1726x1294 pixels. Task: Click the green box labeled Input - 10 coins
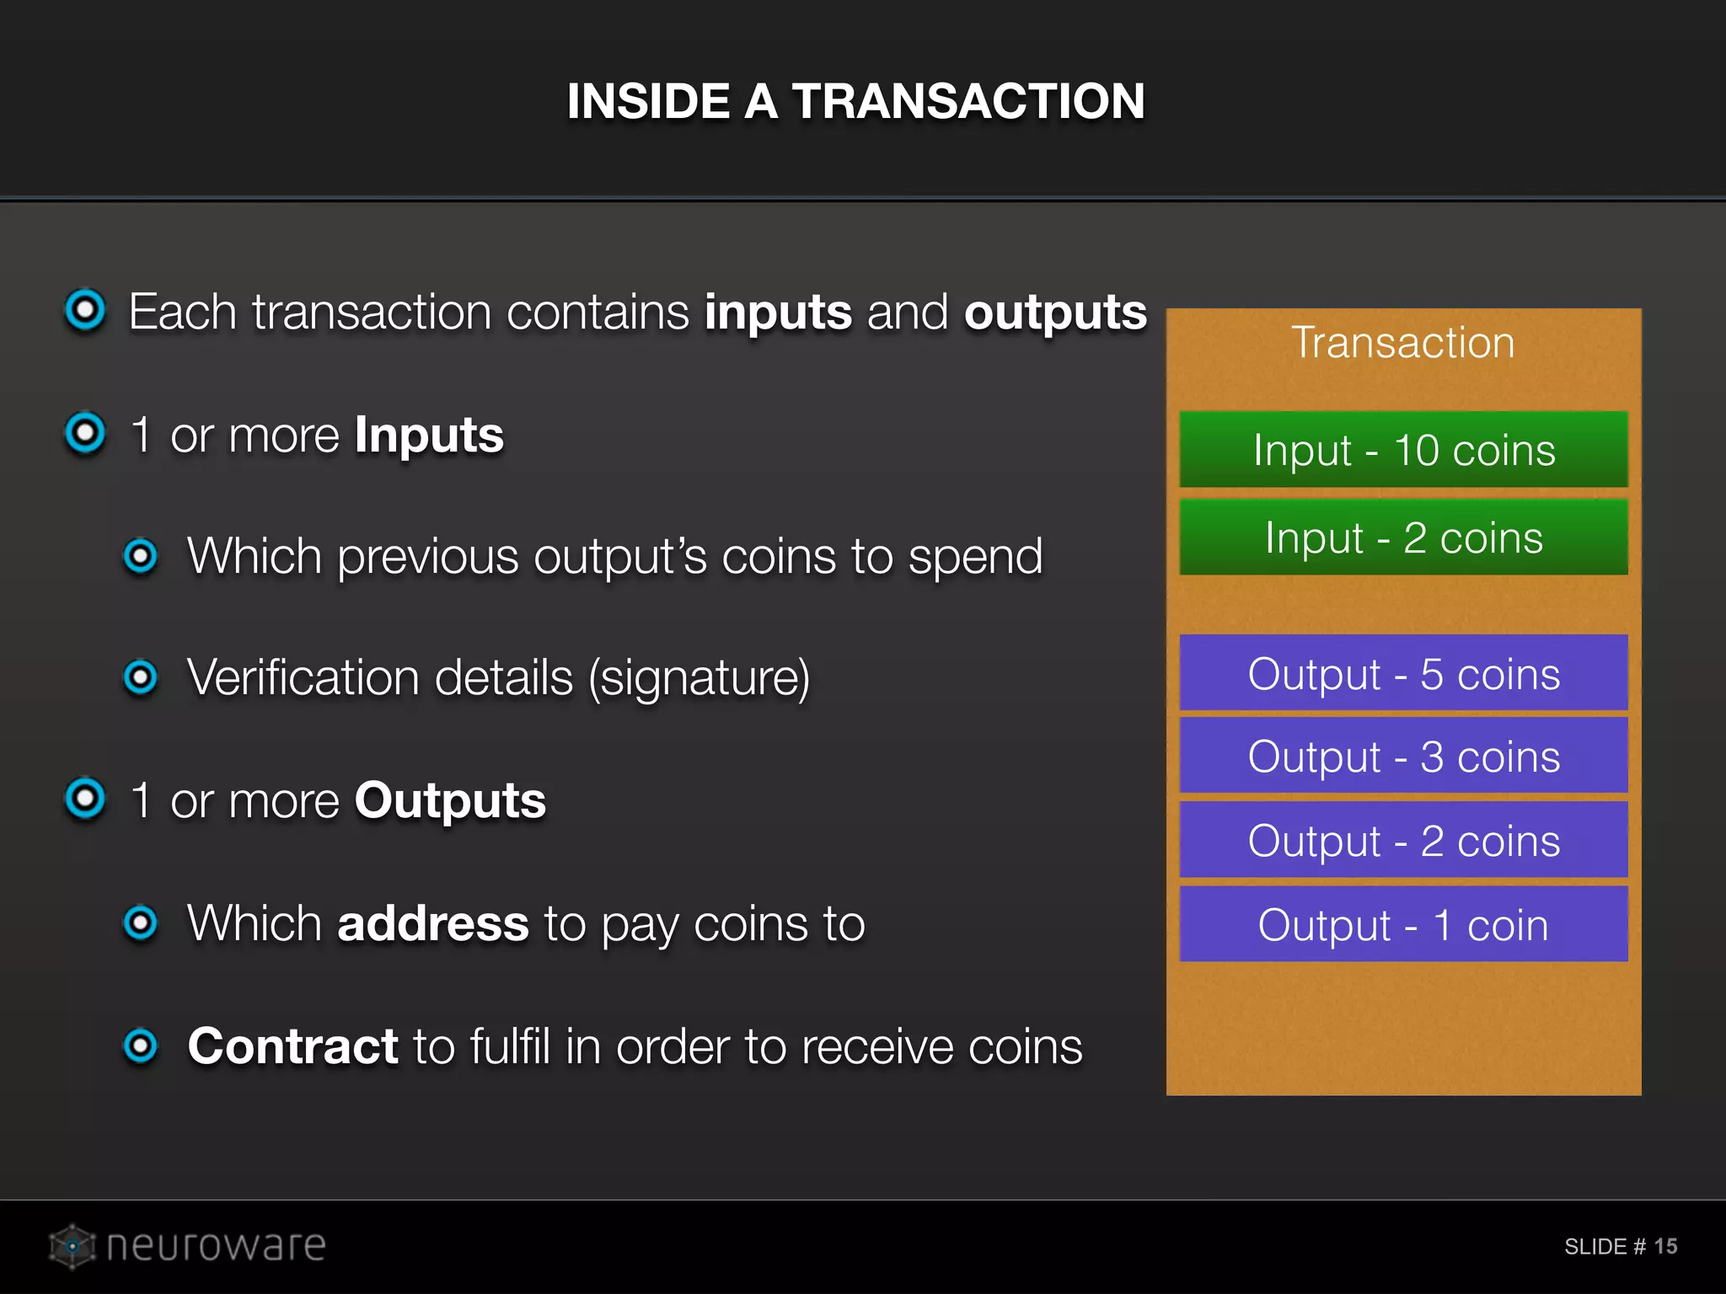pos(1403,449)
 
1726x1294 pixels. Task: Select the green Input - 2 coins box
pos(1403,537)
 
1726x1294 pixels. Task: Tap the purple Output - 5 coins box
pos(1403,672)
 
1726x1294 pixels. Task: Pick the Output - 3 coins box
pos(1403,755)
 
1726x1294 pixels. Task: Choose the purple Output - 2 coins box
pos(1403,839)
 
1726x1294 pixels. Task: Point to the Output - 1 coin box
pos(1403,923)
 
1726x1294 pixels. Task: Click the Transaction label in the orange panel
pos(1403,342)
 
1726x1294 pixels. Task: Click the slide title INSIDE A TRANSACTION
pos(855,101)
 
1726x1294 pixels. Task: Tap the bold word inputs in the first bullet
pos(778,313)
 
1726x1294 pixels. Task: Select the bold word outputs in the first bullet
pos(1055,313)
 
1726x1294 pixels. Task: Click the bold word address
pos(433,923)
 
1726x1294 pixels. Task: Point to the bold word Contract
pos(292,1045)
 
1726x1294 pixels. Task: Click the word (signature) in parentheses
pos(699,678)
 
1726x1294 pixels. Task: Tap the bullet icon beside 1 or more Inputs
pos(85,433)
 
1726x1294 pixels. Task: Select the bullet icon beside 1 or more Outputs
pos(85,798)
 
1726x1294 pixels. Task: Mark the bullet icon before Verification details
pos(140,676)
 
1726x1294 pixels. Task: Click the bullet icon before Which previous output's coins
pos(140,555)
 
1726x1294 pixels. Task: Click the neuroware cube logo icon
pos(72,1245)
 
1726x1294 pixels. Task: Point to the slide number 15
pos(1665,1246)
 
